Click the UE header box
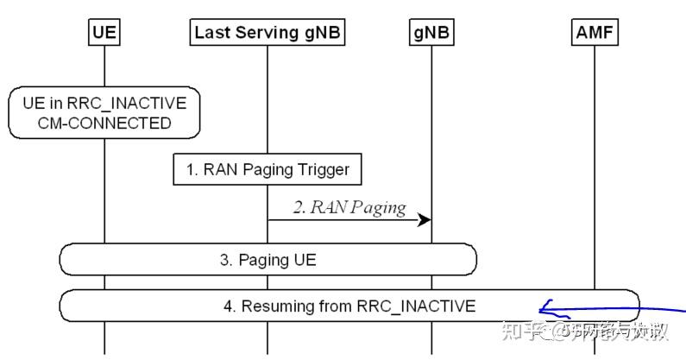tap(104, 33)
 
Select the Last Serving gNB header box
tap(267, 33)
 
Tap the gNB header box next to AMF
tap(431, 33)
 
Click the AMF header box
tap(595, 33)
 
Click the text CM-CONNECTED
tap(104, 123)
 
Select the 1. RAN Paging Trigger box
tap(267, 169)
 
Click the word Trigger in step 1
tap(324, 169)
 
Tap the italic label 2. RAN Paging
tap(349, 207)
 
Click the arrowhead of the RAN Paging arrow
tap(425, 220)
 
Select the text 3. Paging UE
tap(267, 258)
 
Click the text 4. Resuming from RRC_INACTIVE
tap(358, 306)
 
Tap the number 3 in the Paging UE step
tap(223, 258)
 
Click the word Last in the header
tap(212, 33)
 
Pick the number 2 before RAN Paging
tap(297, 207)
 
